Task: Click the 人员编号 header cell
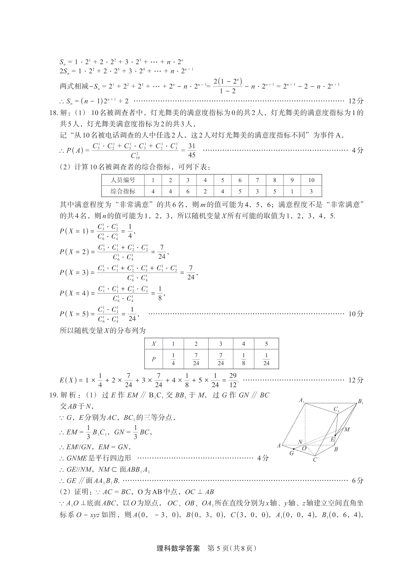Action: pyautogui.click(x=123, y=180)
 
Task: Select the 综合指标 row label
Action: pyautogui.click(x=123, y=191)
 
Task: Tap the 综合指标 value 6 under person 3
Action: pyautogui.click(x=188, y=191)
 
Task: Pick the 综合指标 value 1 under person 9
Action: pyautogui.click(x=292, y=191)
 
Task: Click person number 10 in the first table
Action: pyautogui.click(x=311, y=180)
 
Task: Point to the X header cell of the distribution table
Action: pyautogui.click(x=153, y=343)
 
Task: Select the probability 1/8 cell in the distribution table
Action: pyautogui.click(x=243, y=359)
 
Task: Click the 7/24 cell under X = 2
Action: pyautogui.click(x=196, y=359)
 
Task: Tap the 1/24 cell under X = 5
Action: pyautogui.click(x=266, y=359)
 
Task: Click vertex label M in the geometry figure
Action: pyautogui.click(x=347, y=429)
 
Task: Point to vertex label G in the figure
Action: pyautogui.click(x=292, y=453)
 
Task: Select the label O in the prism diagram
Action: pyautogui.click(x=304, y=448)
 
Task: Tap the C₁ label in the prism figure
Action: pyautogui.click(x=336, y=409)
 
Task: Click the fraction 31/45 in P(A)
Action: pyautogui.click(x=192, y=150)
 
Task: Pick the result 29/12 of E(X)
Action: pyautogui.click(x=233, y=380)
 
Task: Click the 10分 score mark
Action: pyautogui.click(x=356, y=314)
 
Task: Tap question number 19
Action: pyautogui.click(x=54, y=395)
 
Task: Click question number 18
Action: pyautogui.click(x=54, y=113)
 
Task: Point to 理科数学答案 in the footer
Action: pyautogui.click(x=178, y=548)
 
